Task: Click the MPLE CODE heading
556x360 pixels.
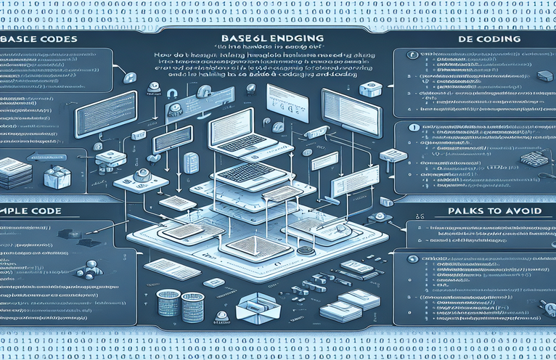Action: (33, 211)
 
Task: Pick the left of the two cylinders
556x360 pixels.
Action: (168, 302)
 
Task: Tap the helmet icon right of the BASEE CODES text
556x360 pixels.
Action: (132, 77)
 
